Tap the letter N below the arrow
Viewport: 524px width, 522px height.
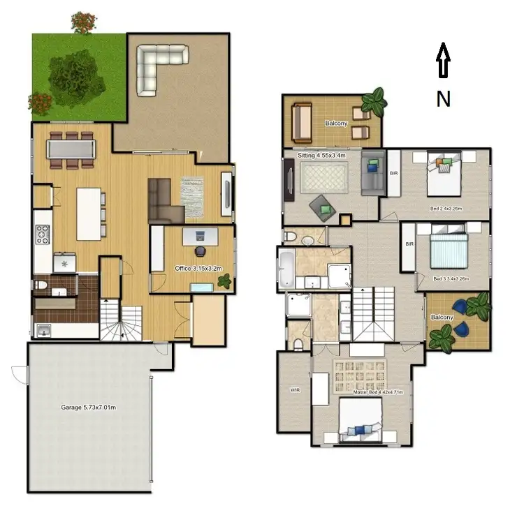point(443,99)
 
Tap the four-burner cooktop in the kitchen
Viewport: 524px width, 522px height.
point(41,234)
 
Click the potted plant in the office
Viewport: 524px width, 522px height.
point(225,281)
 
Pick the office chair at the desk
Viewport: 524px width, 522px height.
point(200,249)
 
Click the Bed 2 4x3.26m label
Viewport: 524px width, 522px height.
point(446,208)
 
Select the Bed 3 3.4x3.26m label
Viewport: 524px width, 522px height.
point(451,279)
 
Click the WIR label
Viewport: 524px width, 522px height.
point(294,391)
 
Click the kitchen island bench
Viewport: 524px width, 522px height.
point(89,214)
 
